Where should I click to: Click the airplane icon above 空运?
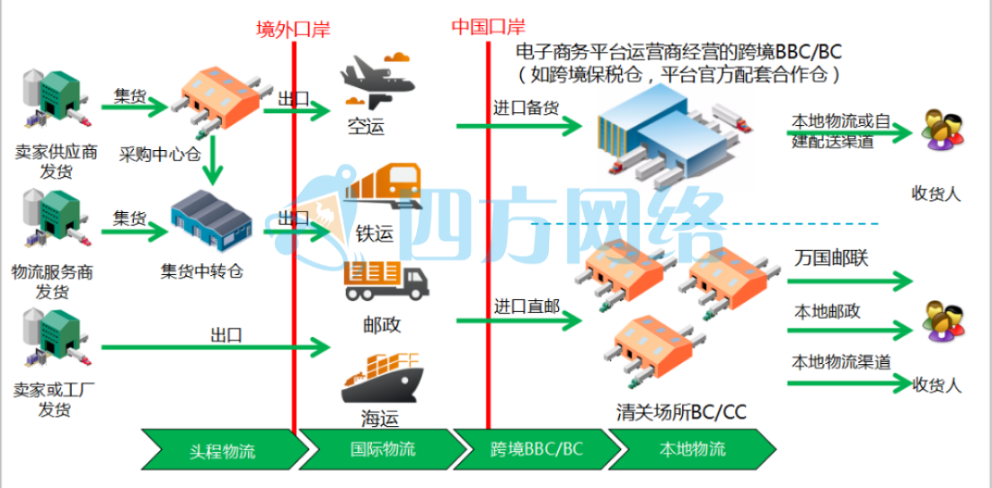(x=378, y=82)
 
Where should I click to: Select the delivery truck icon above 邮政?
(x=386, y=281)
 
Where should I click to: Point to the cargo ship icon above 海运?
(x=381, y=377)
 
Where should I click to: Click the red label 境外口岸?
(x=293, y=30)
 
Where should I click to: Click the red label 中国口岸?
(x=488, y=26)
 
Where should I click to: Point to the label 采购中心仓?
(x=159, y=154)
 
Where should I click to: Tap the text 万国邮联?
(x=831, y=258)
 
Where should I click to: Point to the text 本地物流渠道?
(x=841, y=362)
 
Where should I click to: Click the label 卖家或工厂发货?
(x=55, y=400)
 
